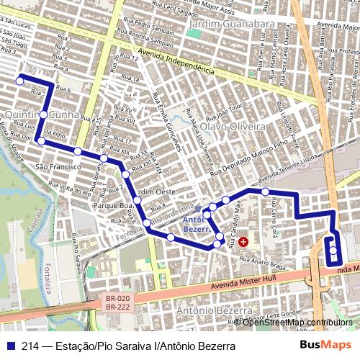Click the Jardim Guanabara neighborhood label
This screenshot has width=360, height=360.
(x=230, y=24)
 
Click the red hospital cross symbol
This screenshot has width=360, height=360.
(x=243, y=242)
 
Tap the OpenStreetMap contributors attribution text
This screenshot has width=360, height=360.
(x=296, y=322)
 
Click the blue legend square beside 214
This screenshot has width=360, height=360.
(x=12, y=346)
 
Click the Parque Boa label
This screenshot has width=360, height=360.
(x=113, y=205)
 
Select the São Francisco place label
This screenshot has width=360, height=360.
(x=58, y=166)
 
